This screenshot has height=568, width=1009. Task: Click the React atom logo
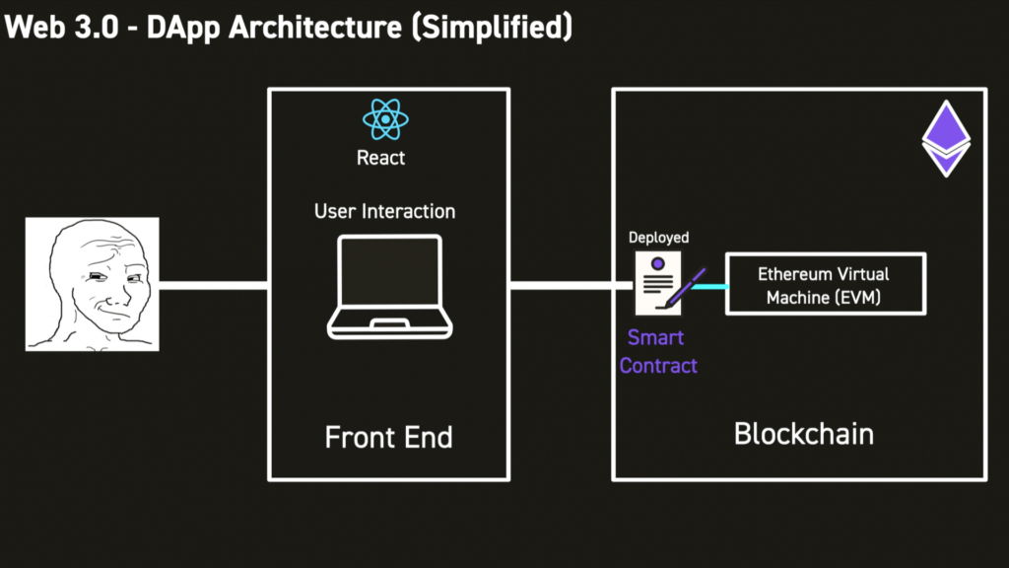[385, 119]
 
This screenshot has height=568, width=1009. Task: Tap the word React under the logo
[381, 158]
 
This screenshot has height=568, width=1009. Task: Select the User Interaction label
[385, 211]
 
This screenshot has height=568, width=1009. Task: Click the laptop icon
[390, 287]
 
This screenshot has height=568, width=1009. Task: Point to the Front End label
[388, 437]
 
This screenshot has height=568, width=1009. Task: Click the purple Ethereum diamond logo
[946, 138]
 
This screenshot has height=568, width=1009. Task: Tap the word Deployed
[658, 238]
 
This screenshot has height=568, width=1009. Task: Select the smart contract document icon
[658, 283]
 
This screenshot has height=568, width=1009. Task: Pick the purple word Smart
[655, 337]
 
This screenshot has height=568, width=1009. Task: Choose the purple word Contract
[658, 366]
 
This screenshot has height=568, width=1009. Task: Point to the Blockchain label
[804, 434]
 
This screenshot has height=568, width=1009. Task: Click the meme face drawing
[92, 284]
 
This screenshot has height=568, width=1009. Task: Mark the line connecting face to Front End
[214, 285]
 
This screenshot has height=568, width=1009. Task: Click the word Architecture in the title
[315, 28]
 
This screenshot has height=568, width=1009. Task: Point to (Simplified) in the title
[493, 28]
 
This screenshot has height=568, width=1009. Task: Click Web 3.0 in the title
[62, 28]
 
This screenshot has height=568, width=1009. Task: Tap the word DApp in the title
[183, 29]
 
